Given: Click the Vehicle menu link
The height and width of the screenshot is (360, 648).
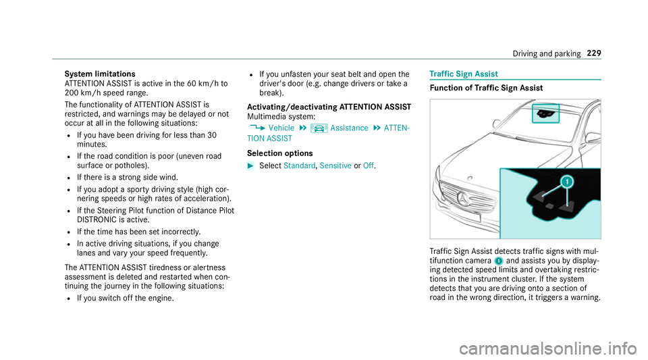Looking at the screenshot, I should (x=281, y=128).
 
